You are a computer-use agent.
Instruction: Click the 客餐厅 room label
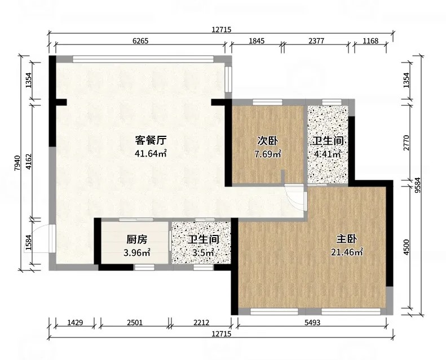(x=151, y=140)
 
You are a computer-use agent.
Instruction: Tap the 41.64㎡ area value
(x=151, y=153)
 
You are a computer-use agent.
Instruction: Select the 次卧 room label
(x=268, y=141)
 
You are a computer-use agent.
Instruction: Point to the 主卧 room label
(x=346, y=239)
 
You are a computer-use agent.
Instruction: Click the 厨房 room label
(x=137, y=239)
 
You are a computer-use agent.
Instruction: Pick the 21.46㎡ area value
(x=347, y=252)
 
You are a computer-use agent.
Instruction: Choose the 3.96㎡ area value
(x=137, y=252)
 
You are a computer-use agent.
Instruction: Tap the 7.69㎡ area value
(x=268, y=154)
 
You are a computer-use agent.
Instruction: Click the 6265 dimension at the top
(x=140, y=41)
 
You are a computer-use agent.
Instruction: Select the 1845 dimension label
(x=257, y=41)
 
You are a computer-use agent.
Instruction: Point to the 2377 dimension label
(x=316, y=41)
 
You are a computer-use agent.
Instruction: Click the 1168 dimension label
(x=370, y=41)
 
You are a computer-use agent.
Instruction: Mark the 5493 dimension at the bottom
(x=312, y=322)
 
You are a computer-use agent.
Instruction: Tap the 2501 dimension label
(x=135, y=322)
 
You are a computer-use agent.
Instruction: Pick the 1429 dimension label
(x=75, y=322)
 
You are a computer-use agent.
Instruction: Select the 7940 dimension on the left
(x=17, y=163)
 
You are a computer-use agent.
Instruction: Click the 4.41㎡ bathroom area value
(x=328, y=154)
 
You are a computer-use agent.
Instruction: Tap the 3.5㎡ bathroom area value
(x=203, y=252)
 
